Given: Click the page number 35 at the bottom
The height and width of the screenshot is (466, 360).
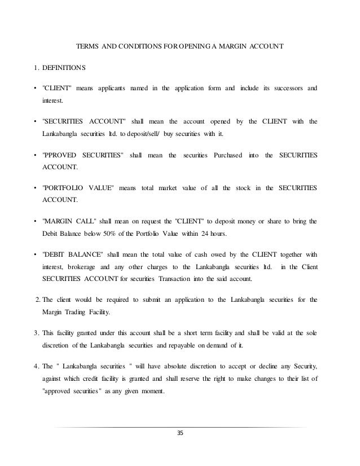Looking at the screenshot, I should [180, 433].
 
